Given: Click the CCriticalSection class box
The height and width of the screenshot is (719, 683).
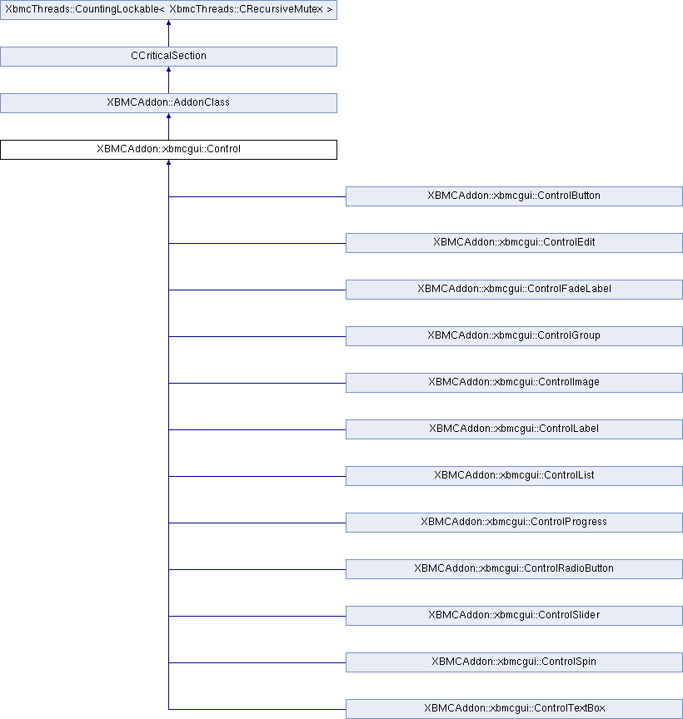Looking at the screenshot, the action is tap(168, 57).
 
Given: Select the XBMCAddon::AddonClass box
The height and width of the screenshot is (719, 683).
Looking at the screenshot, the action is tap(168, 103).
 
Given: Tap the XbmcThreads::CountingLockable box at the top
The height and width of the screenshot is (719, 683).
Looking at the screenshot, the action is tap(168, 10).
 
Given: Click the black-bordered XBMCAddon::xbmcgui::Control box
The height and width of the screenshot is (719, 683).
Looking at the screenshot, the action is tap(168, 150).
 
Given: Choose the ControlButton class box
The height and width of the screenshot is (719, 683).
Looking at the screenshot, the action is tap(514, 196).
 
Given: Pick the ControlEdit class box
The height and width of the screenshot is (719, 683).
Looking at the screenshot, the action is tap(514, 243).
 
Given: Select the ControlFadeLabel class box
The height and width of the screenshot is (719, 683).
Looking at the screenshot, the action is tap(514, 290).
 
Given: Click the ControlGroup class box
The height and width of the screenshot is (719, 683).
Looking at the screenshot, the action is tap(514, 336).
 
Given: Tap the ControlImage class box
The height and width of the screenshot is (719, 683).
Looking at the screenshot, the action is tap(514, 383).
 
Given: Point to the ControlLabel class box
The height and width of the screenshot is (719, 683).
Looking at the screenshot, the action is tap(514, 429).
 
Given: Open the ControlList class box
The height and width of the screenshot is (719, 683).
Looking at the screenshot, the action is tap(514, 476).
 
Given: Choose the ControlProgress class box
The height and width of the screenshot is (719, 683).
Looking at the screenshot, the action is tap(514, 523).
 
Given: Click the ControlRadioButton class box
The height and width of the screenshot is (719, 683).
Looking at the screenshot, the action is tap(514, 569).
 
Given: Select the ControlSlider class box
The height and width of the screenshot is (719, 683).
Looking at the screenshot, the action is tap(514, 616).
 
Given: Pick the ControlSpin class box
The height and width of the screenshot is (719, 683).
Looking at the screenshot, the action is tap(514, 662).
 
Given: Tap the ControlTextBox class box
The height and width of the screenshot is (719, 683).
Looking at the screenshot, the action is tap(514, 709).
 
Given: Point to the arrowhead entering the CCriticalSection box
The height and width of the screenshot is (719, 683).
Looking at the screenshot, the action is tap(168, 70).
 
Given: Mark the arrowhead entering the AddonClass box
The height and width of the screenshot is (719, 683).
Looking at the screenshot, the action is tap(168, 117).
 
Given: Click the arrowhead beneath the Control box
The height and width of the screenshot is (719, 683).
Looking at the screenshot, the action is tap(168, 163).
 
